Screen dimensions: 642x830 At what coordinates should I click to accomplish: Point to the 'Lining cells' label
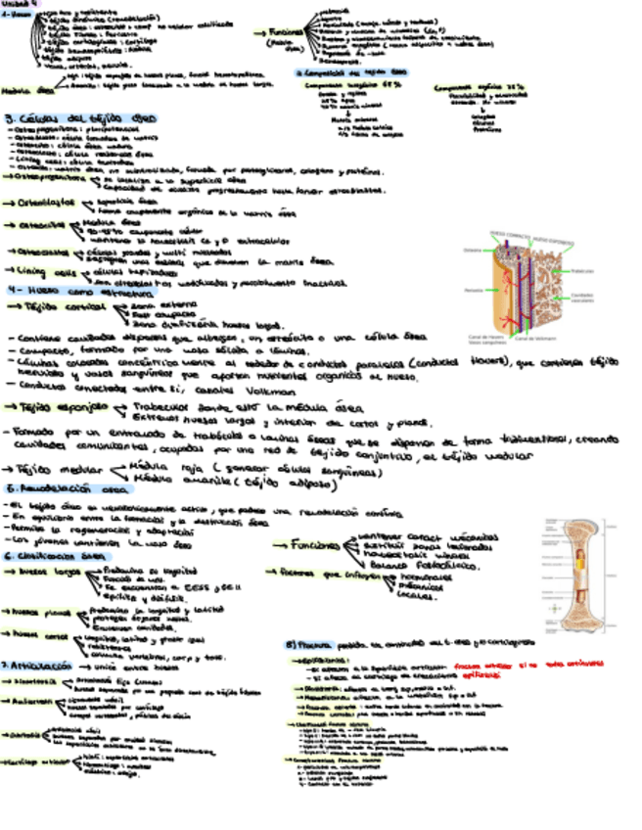pos(45,273)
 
